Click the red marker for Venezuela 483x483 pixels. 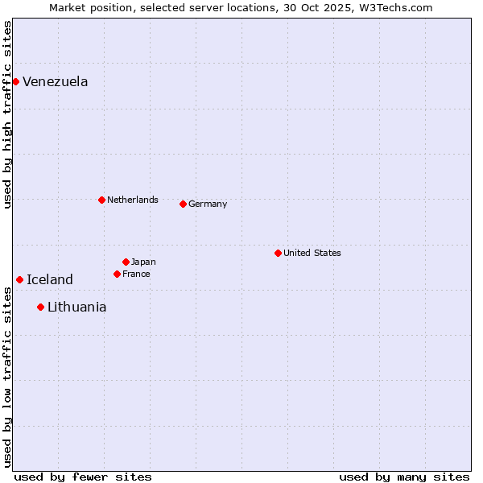tap(15, 81)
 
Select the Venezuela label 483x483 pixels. tap(55, 81)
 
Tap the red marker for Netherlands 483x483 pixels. tap(101, 200)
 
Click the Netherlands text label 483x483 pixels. tap(132, 200)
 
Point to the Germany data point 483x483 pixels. tap(183, 204)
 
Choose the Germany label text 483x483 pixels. tap(208, 204)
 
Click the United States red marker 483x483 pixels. tap(278, 253)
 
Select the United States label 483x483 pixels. tap(312, 253)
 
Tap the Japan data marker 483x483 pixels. tap(126, 262)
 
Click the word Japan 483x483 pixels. tap(143, 262)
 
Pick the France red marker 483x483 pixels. tap(117, 274)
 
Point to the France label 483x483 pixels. tap(136, 274)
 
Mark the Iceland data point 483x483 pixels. tap(19, 279)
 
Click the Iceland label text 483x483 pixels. tap(49, 279)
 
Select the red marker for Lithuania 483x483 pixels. tap(40, 307)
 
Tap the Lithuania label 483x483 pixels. tap(76, 307)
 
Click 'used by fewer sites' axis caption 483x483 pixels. tap(83, 477)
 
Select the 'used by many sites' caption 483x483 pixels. tap(404, 477)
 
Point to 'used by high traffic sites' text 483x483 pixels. tap(7, 114)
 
